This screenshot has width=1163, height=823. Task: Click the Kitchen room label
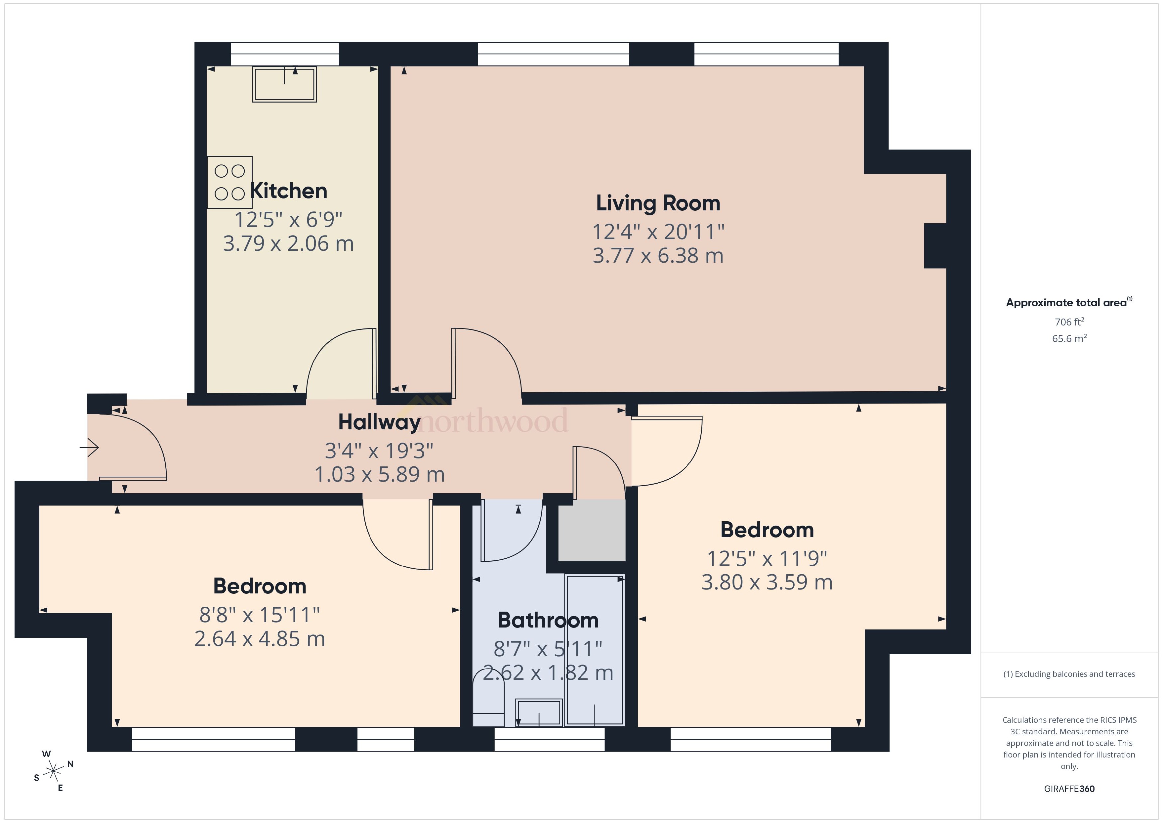[288, 191]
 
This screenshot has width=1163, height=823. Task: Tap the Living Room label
[658, 203]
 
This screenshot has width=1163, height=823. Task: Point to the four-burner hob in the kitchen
[230, 182]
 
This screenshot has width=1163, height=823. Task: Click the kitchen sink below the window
[284, 84]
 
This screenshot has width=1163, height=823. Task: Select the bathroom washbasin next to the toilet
[539, 712]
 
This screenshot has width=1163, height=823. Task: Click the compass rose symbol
[53, 771]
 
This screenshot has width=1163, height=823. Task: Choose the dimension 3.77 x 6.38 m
[658, 256]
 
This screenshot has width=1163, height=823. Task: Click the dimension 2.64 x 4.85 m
[260, 639]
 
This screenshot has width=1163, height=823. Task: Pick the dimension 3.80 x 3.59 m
[767, 583]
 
